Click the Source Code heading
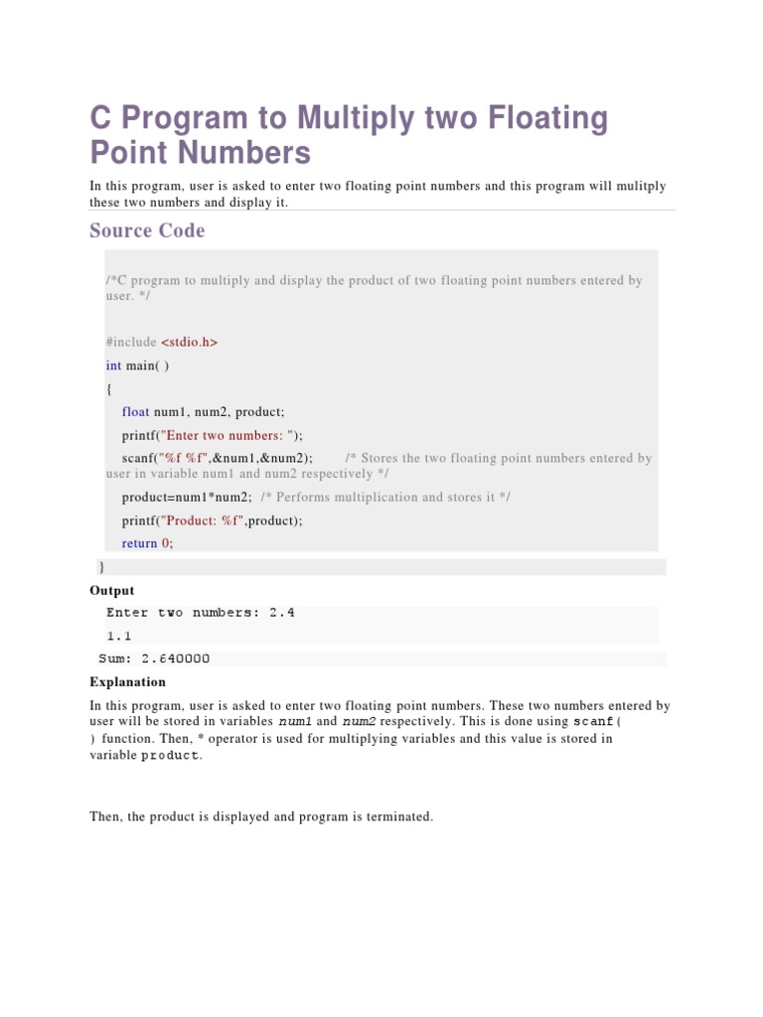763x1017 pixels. pyautogui.click(x=147, y=230)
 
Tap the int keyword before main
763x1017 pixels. pyautogui.click(x=113, y=365)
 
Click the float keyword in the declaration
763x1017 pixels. pyautogui.click(x=136, y=412)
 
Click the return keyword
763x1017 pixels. pyautogui.click(x=139, y=543)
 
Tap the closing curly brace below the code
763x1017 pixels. pyautogui.click(x=101, y=566)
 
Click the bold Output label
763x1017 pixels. pyautogui.click(x=112, y=591)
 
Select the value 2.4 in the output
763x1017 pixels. pyautogui.click(x=282, y=613)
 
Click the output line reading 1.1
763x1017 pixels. pyautogui.click(x=119, y=636)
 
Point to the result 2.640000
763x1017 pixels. pyautogui.click(x=176, y=658)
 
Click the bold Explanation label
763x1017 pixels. pyautogui.click(x=128, y=682)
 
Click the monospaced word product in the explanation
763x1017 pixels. pyautogui.click(x=170, y=756)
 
